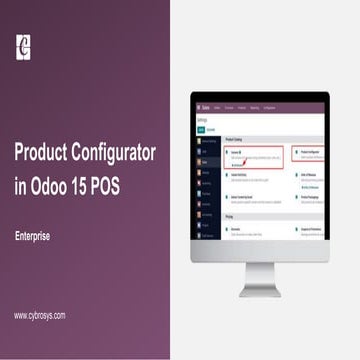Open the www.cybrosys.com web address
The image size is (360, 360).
[40, 315]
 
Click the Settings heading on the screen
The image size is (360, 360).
[204, 118]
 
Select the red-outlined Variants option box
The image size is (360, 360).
[247, 156]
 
